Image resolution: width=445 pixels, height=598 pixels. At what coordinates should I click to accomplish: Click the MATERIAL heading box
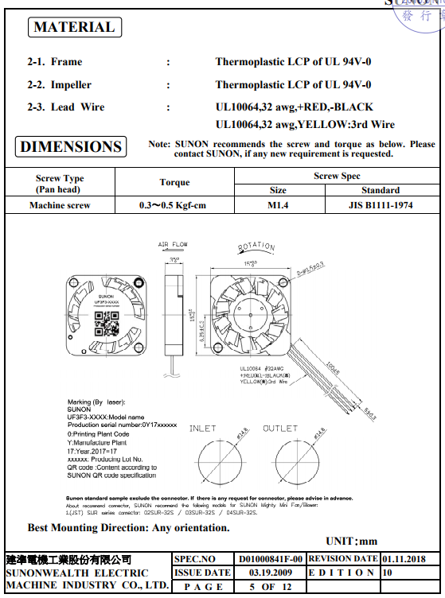tap(74, 27)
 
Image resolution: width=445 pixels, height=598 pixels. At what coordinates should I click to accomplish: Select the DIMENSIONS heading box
tap(71, 146)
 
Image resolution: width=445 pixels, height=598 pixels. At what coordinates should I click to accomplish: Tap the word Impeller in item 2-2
tap(71, 84)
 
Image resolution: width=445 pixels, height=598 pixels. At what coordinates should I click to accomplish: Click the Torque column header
tap(174, 182)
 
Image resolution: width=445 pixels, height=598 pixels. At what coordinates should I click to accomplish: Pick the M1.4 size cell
tap(278, 205)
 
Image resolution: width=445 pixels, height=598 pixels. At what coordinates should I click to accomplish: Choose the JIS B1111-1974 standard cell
tap(380, 205)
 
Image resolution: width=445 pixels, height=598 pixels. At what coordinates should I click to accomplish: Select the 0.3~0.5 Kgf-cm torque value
tap(172, 205)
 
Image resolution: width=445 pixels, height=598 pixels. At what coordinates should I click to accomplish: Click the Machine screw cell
tap(60, 205)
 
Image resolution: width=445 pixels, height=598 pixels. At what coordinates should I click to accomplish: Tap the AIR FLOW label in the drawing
tap(173, 244)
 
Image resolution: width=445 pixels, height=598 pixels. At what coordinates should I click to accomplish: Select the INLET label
tap(202, 429)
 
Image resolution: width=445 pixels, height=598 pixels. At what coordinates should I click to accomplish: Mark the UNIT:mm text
tap(351, 541)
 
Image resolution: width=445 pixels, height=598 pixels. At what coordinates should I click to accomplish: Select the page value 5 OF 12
tap(271, 587)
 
